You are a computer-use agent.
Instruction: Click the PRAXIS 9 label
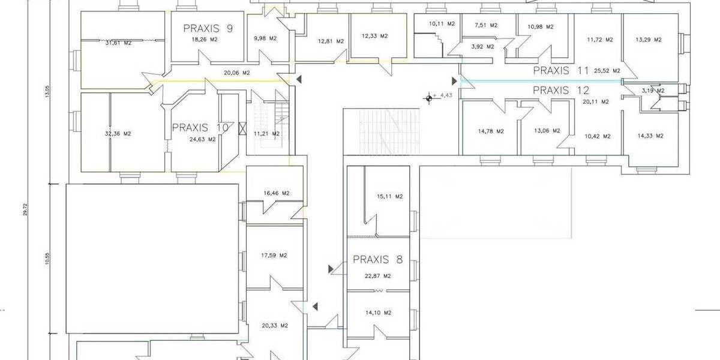pyautogui.click(x=208, y=28)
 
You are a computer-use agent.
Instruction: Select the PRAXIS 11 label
pyautogui.click(x=561, y=70)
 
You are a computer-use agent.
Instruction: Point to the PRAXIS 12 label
pyautogui.click(x=561, y=90)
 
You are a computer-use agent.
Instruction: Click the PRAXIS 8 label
pyautogui.click(x=377, y=260)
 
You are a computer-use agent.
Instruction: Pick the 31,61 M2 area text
pyautogui.click(x=118, y=43)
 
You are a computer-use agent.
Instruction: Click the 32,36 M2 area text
pyautogui.click(x=118, y=134)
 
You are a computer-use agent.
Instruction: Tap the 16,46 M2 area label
pyautogui.click(x=277, y=193)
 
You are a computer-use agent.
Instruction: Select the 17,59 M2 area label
pyautogui.click(x=274, y=256)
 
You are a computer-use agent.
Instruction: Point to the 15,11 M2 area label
pyautogui.click(x=389, y=196)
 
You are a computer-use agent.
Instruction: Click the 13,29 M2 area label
pyautogui.click(x=649, y=40)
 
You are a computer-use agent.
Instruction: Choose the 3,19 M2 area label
pyautogui.click(x=653, y=91)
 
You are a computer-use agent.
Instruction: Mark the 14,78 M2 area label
pyautogui.click(x=491, y=131)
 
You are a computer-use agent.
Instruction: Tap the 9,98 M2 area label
pyautogui.click(x=265, y=38)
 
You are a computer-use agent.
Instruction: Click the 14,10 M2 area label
pyautogui.click(x=378, y=312)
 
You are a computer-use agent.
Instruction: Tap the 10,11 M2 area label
pyautogui.click(x=442, y=23)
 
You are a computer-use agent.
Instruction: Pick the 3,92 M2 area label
pyautogui.click(x=482, y=46)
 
